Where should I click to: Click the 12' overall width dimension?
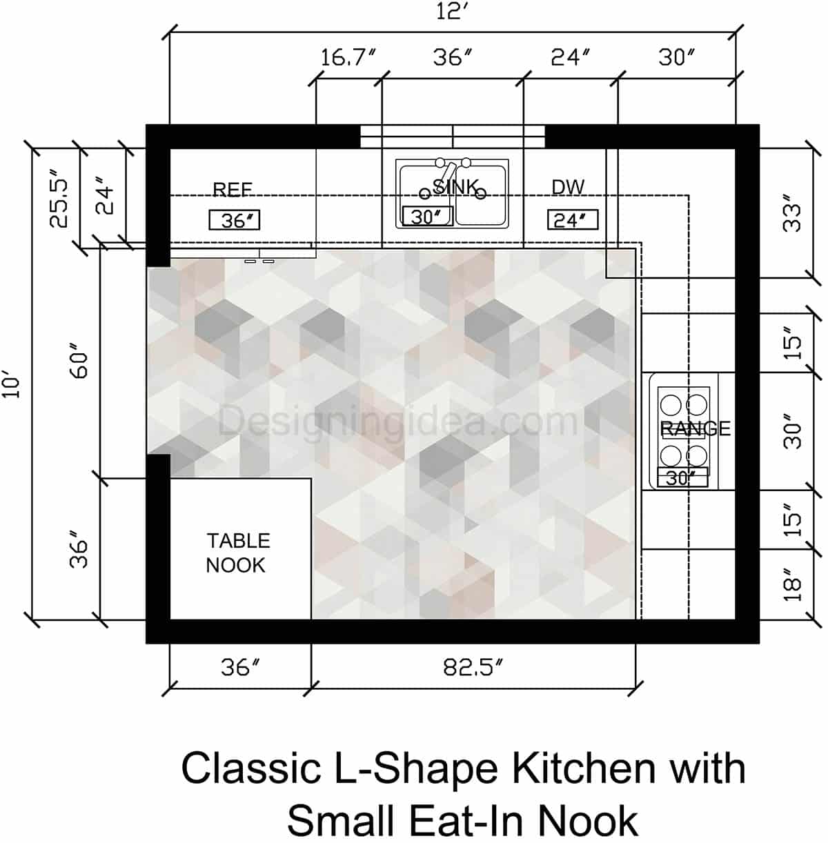(x=453, y=12)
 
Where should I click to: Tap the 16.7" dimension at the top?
(x=348, y=58)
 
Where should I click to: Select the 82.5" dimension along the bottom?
(x=473, y=667)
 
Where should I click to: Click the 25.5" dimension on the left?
(x=59, y=203)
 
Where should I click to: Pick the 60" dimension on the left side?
(x=80, y=365)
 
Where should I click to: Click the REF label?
(x=233, y=190)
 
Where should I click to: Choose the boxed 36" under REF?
(x=235, y=221)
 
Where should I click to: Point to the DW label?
(x=568, y=187)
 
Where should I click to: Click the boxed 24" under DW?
(x=572, y=220)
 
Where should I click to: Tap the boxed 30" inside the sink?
(x=427, y=217)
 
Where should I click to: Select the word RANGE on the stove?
(x=695, y=428)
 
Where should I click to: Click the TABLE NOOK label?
(x=238, y=553)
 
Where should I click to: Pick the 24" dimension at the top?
(x=570, y=58)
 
